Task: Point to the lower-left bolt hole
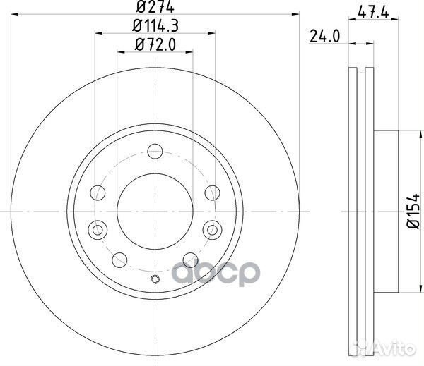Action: coord(120,258)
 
